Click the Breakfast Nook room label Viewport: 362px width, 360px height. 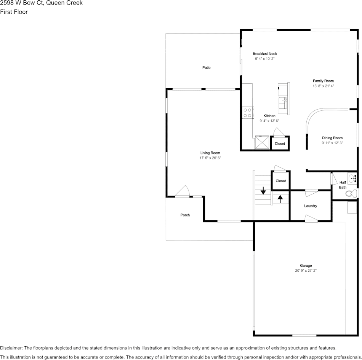[x=264, y=54]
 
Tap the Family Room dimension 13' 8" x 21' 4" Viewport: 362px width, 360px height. [x=323, y=86]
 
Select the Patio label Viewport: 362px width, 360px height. [x=206, y=68]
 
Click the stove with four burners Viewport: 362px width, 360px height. [x=247, y=113]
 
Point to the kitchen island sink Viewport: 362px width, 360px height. [x=283, y=101]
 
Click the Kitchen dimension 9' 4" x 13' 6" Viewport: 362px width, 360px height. [x=269, y=121]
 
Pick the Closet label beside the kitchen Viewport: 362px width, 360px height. [x=280, y=143]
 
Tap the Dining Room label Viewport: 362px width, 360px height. [x=332, y=138]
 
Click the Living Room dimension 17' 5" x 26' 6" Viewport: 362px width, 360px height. [x=210, y=158]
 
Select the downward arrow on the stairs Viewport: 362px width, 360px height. [x=263, y=190]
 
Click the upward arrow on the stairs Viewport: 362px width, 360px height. [x=280, y=199]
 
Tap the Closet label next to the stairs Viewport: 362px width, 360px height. [x=280, y=181]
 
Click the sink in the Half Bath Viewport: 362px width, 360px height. [x=353, y=177]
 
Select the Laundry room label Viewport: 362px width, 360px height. [x=310, y=206]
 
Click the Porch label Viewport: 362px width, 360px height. [x=185, y=215]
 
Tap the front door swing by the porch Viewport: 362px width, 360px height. [x=183, y=191]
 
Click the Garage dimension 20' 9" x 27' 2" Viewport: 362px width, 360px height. [x=306, y=271]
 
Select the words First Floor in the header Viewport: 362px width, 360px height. [x=14, y=12]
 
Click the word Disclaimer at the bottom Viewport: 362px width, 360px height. [x=11, y=348]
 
